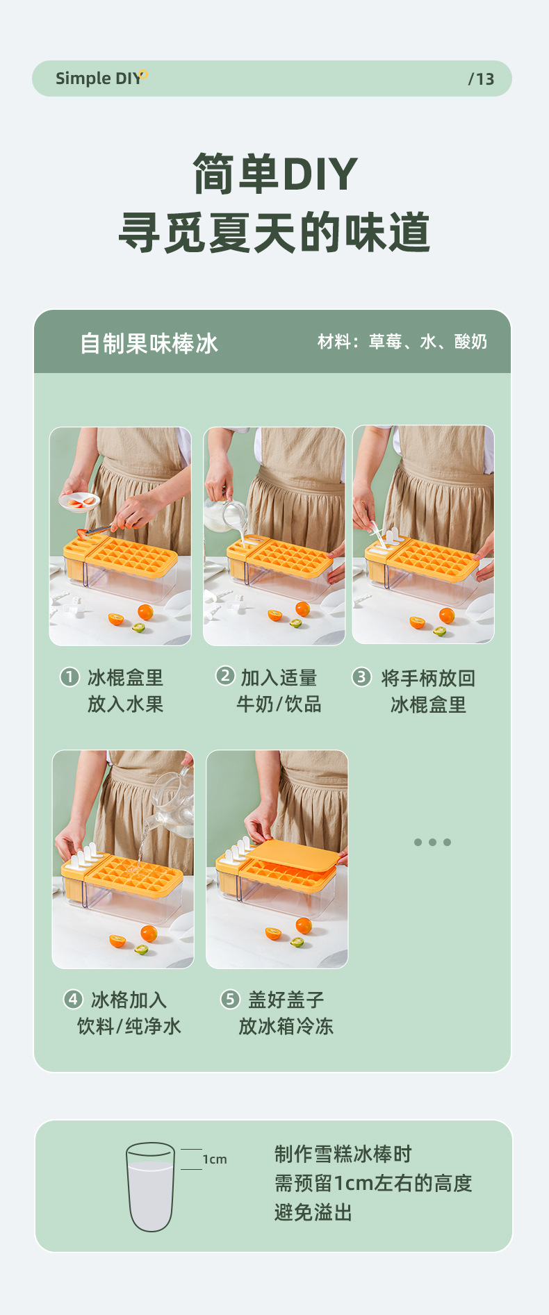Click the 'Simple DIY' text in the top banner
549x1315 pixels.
pyautogui.click(x=98, y=78)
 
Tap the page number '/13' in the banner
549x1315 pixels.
pyautogui.click(x=481, y=79)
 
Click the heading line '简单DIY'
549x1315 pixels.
pyautogui.click(x=274, y=174)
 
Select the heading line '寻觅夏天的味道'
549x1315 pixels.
pyautogui.click(x=274, y=233)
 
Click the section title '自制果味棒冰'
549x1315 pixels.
pyautogui.click(x=149, y=343)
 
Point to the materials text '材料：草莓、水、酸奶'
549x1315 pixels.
pyautogui.click(x=402, y=342)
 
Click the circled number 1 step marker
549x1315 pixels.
pyautogui.click(x=69, y=677)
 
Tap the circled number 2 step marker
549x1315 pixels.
pyautogui.click(x=225, y=675)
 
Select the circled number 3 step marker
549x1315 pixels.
pyautogui.click(x=361, y=677)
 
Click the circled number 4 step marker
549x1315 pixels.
pyautogui.click(x=73, y=999)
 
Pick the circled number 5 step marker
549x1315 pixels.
pyautogui.click(x=230, y=999)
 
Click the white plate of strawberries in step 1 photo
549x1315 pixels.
pyautogui.click(x=79, y=501)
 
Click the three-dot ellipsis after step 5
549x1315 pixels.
pyautogui.click(x=432, y=842)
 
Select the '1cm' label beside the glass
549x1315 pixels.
pyautogui.click(x=215, y=1159)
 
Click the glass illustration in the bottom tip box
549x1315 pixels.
pyautogui.click(x=150, y=1186)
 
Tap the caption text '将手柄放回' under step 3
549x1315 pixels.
pyautogui.click(x=428, y=678)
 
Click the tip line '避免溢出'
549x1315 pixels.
pyautogui.click(x=313, y=1213)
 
